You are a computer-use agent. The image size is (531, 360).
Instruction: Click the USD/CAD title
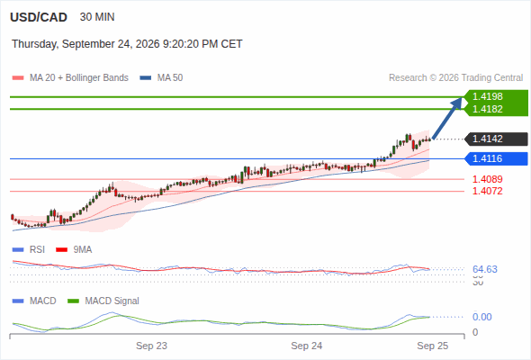pyautogui.click(x=39, y=17)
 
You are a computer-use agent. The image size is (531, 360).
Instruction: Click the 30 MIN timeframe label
pyautogui.click(x=97, y=17)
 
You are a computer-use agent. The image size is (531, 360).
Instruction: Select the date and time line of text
pyautogui.click(x=127, y=44)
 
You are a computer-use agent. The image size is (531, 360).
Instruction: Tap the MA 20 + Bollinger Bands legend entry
pyautogui.click(x=70, y=78)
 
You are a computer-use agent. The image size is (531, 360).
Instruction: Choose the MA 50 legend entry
pyautogui.click(x=161, y=78)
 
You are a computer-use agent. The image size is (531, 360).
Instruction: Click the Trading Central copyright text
pyautogui.click(x=455, y=78)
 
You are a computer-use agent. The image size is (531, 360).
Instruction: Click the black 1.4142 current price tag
pyautogui.click(x=496, y=139)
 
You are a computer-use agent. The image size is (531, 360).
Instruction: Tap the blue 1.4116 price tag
pyautogui.click(x=496, y=158)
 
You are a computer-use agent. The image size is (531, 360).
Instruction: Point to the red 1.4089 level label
pyautogui.click(x=487, y=179)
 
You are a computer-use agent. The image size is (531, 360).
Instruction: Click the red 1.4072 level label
pyautogui.click(x=487, y=191)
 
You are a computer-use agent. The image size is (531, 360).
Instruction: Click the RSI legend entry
pyautogui.click(x=29, y=249)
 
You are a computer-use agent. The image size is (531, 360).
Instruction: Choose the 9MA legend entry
pyautogui.click(x=74, y=249)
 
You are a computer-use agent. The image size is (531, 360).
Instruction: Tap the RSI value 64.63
pyautogui.click(x=485, y=269)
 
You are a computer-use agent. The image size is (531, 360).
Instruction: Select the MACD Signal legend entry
pyautogui.click(x=103, y=301)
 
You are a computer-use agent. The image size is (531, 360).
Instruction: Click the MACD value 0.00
pyautogui.click(x=481, y=317)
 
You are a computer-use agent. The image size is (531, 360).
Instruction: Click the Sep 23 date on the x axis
pyautogui.click(x=151, y=346)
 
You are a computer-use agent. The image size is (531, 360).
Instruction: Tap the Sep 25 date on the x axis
pyautogui.click(x=433, y=346)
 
